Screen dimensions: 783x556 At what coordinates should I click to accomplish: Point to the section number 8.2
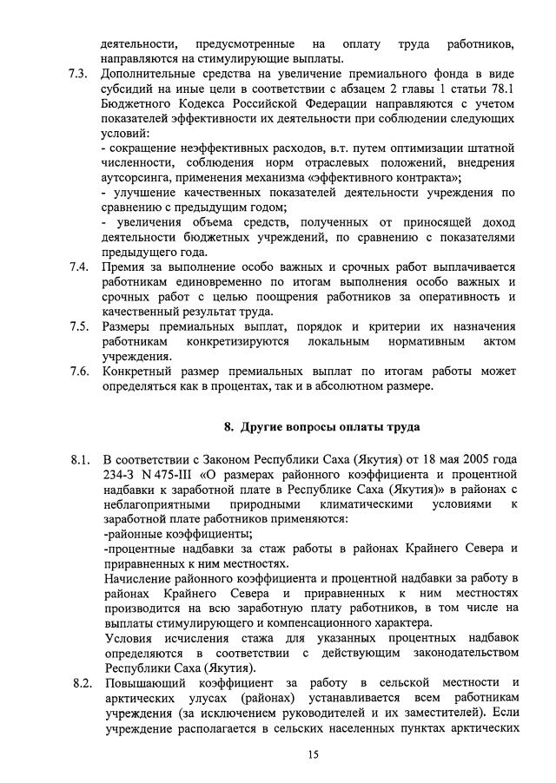(82, 682)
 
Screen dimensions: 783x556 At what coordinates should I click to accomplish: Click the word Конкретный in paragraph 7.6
(136, 372)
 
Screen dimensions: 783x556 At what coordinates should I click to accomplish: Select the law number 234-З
(120, 474)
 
